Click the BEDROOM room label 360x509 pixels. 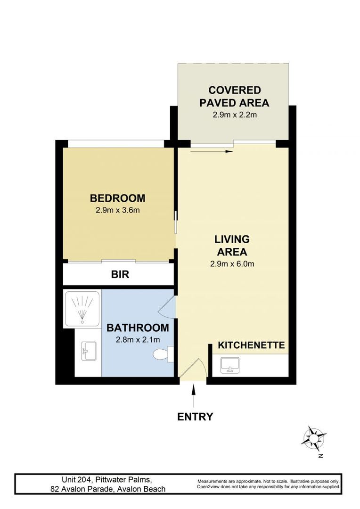coord(117,198)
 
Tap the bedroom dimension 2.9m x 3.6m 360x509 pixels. coord(117,210)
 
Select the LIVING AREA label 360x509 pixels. coord(232,245)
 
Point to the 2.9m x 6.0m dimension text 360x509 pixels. coord(232,264)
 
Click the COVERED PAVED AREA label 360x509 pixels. coord(234,96)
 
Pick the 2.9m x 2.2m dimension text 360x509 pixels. coord(234,115)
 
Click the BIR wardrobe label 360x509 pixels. coord(120,274)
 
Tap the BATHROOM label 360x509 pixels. coord(137,328)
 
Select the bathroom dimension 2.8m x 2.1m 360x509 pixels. coord(137,339)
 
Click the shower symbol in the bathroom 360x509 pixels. coord(82,308)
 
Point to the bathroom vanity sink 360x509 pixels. coord(89,352)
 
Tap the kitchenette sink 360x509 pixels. coord(230,365)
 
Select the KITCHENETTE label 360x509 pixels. coord(251,345)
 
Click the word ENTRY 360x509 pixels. coord(195,417)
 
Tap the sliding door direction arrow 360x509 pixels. coord(212,151)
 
